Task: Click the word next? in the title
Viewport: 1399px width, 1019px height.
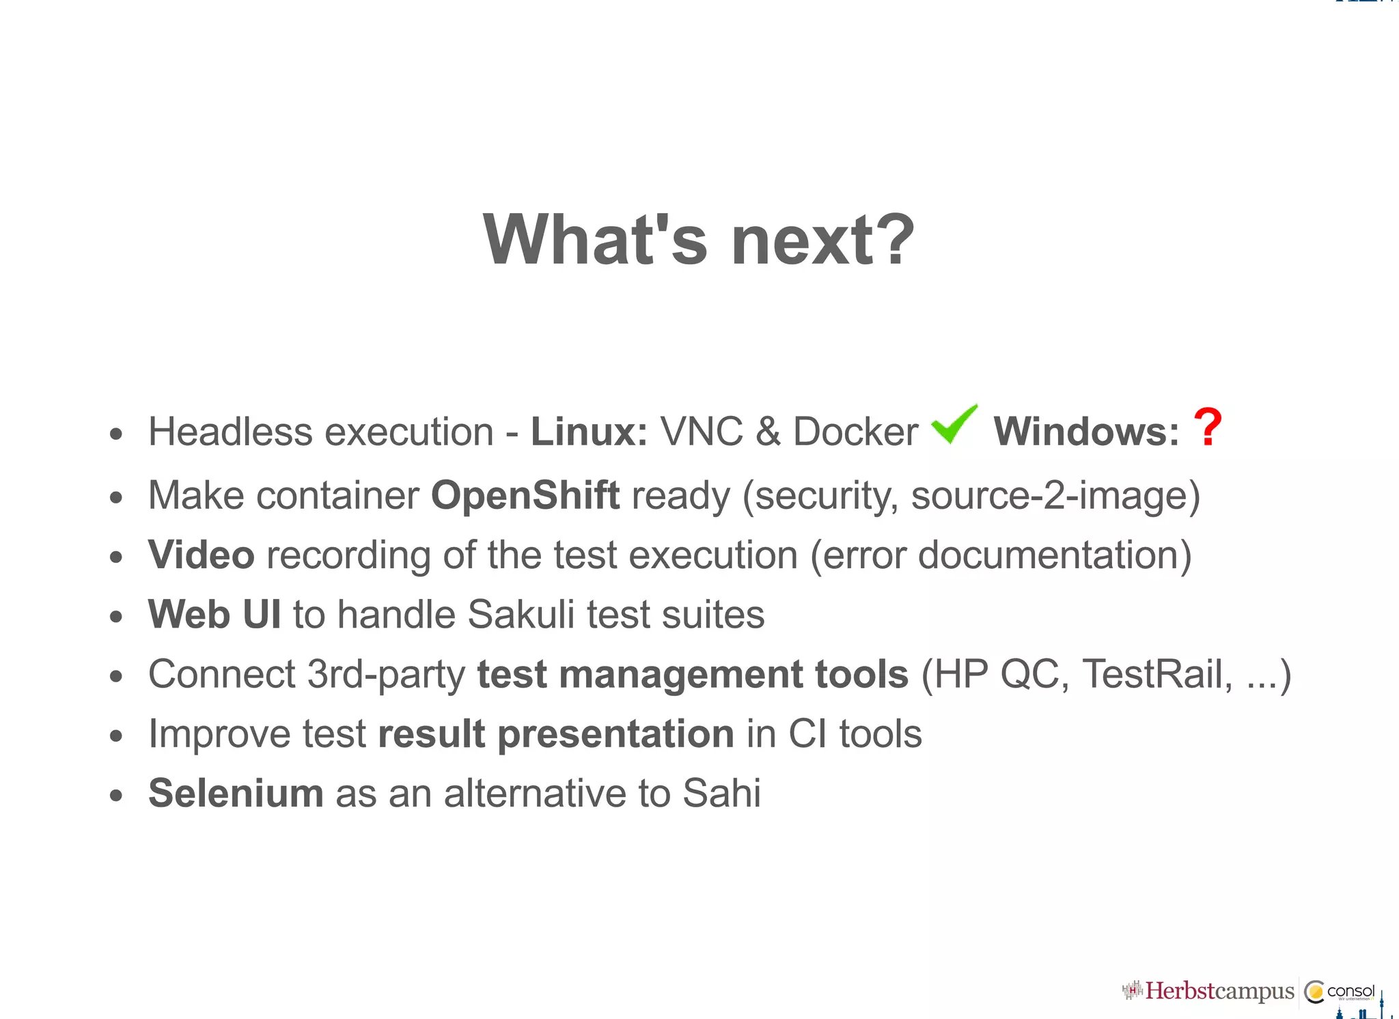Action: pos(822,240)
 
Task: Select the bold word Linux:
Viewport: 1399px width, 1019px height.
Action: pos(589,432)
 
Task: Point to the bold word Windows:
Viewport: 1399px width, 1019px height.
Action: pos(1085,432)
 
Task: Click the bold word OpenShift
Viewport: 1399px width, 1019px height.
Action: pos(525,495)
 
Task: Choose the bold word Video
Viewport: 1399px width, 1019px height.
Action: pos(201,555)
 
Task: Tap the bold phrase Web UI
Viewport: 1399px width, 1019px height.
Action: pos(214,614)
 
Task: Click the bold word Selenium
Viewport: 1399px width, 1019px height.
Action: pos(236,793)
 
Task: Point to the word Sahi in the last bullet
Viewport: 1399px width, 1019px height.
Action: pos(721,793)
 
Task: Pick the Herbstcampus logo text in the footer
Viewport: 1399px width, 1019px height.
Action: pos(1219,991)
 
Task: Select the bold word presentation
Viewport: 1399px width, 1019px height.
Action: pos(615,734)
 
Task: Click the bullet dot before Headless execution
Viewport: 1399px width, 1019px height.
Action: pos(116,434)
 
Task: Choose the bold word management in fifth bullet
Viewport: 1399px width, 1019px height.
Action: pos(680,674)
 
